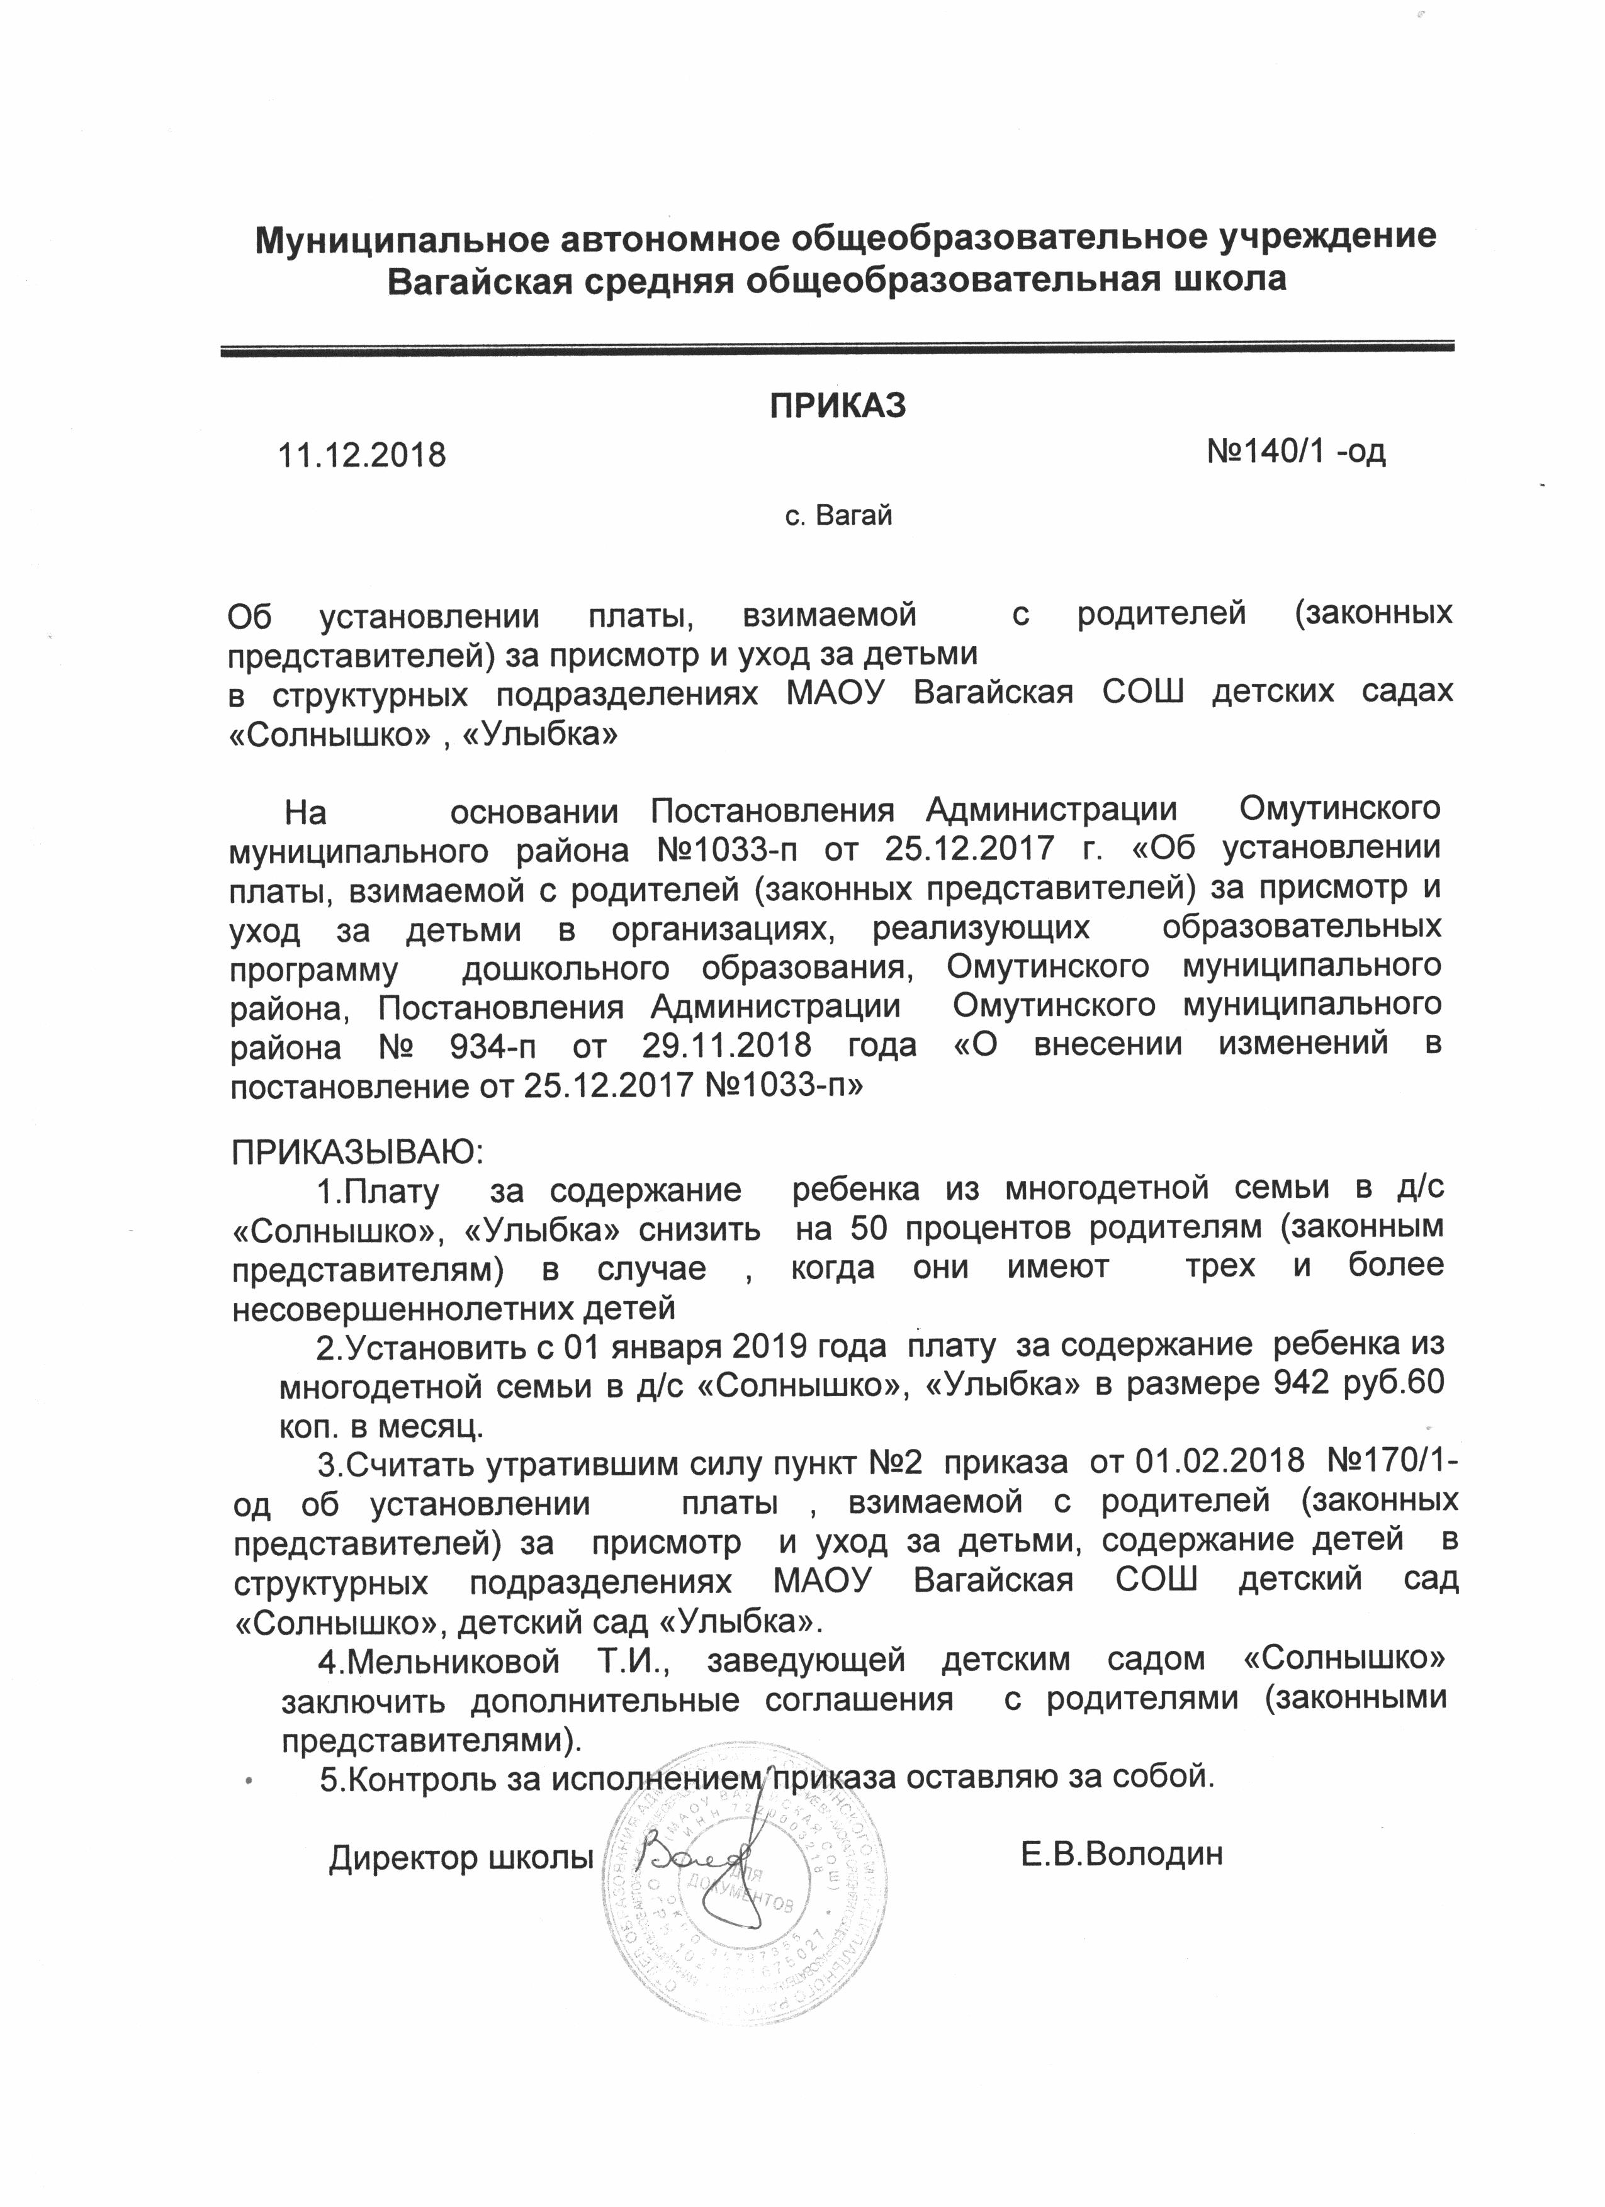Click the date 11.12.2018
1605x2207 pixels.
[x=362, y=454]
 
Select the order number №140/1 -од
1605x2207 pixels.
[x=1295, y=452]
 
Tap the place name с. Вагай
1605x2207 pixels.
[x=838, y=516]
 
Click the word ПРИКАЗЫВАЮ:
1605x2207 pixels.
[x=358, y=1153]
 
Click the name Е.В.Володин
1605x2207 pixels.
[x=1121, y=1855]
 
